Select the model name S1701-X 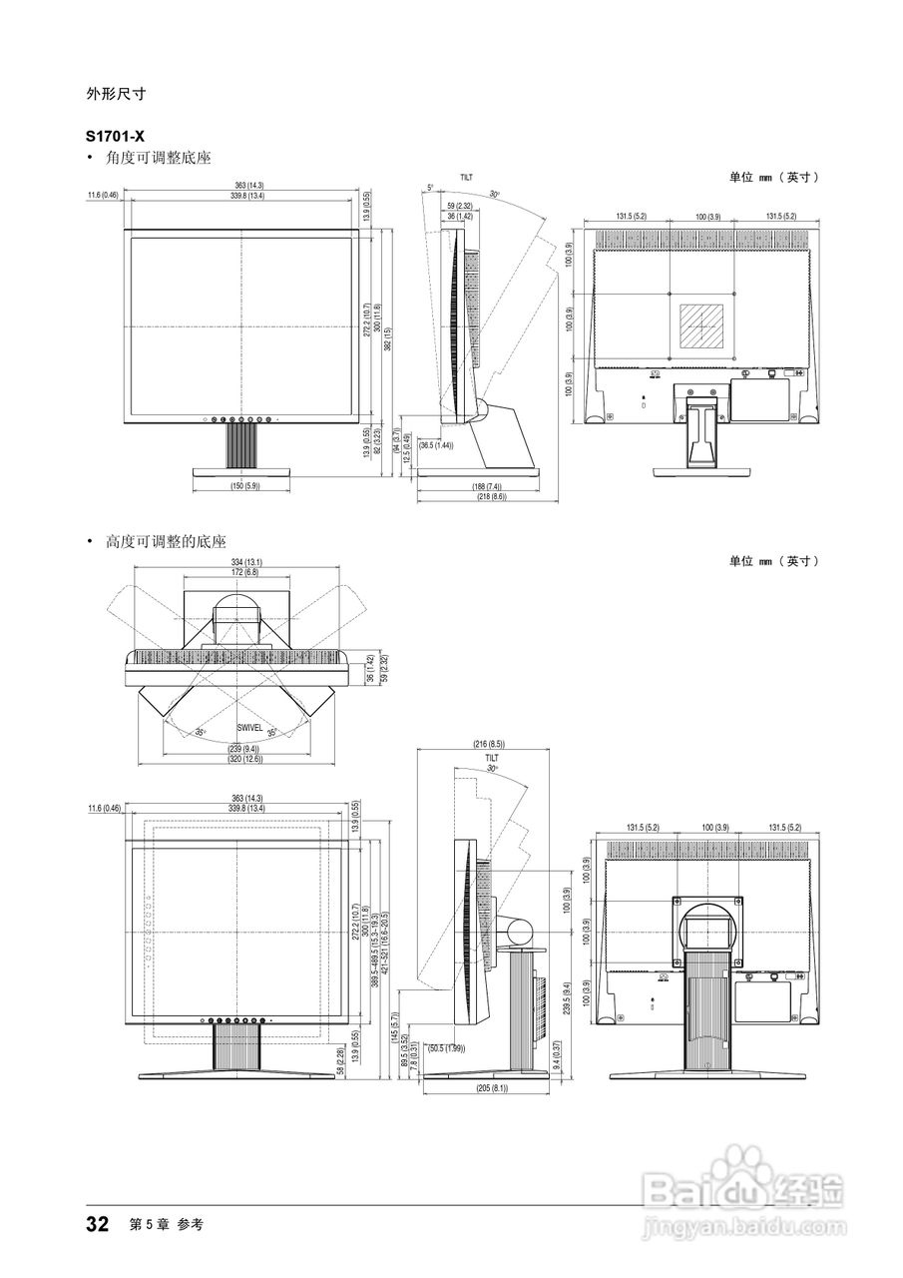click(x=116, y=134)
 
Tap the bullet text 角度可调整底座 click(x=158, y=158)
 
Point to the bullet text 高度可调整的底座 click(x=166, y=541)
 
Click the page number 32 click(x=97, y=1225)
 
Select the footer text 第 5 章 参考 click(x=167, y=1225)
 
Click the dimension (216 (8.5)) click(x=488, y=744)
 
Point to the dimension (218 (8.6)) click(x=491, y=496)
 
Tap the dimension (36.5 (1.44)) click(x=436, y=445)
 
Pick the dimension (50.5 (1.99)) click(x=446, y=1048)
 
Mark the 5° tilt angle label click(x=430, y=187)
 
